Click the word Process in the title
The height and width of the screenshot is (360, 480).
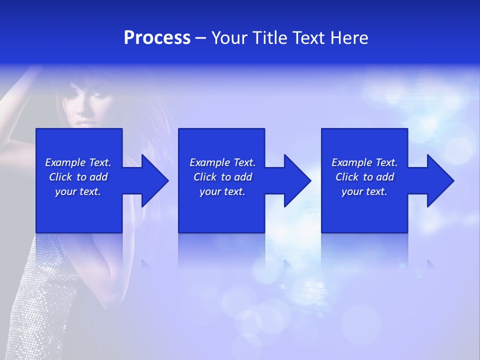[157, 38]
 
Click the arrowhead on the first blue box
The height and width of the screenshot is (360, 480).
[152, 180]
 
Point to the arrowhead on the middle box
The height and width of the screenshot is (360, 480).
[295, 180]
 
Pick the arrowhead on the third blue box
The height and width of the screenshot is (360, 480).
[438, 180]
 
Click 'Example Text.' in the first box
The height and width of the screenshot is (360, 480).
[78, 162]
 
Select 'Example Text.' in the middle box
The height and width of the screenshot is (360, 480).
[222, 162]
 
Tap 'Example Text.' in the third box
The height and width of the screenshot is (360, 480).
[364, 162]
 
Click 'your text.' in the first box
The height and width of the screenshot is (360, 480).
[78, 191]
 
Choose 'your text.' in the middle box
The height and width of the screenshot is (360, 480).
[222, 191]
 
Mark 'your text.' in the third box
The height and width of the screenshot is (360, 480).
[364, 191]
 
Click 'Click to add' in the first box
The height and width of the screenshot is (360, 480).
[78, 177]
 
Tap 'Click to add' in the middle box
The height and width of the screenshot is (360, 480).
[222, 177]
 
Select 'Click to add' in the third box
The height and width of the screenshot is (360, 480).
[364, 177]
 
